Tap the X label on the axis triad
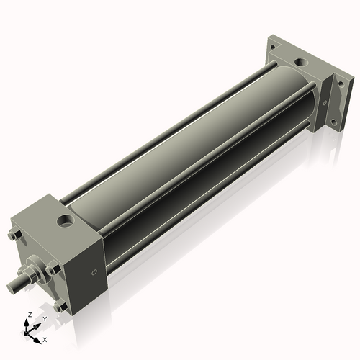click(45, 338)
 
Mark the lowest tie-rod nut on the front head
click(63, 307)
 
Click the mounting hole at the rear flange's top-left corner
click(274, 45)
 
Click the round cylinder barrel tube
click(194, 151)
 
